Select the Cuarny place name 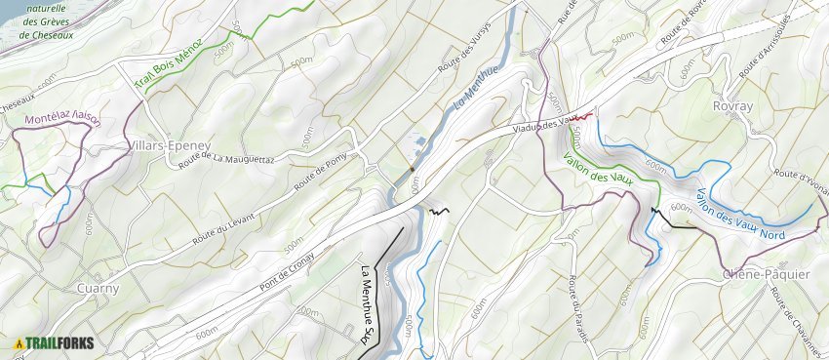[x=98, y=289]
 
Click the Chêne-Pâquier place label [x=767, y=275]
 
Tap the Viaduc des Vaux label [x=542, y=124]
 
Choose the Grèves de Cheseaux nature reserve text [x=46, y=21]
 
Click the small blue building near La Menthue [x=420, y=141]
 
